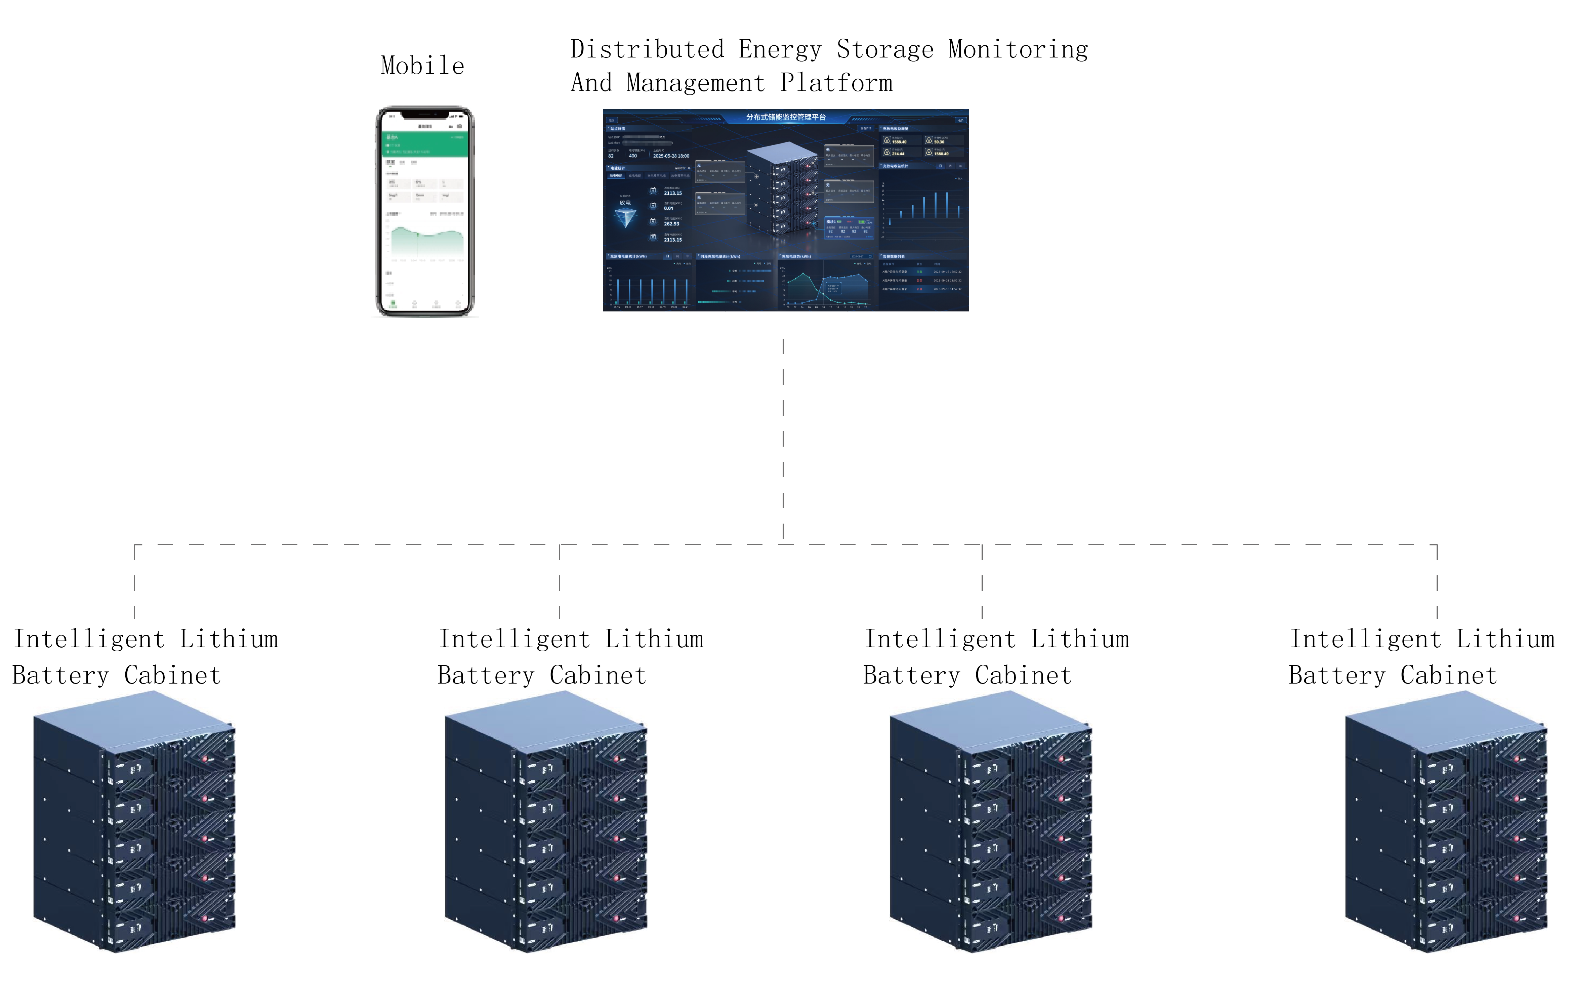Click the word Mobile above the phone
[x=422, y=66]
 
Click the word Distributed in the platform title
[x=647, y=49]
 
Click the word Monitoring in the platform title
[x=1018, y=49]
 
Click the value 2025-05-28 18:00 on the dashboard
[x=671, y=156]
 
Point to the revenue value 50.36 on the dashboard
[x=939, y=142]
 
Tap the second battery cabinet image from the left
[x=546, y=822]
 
